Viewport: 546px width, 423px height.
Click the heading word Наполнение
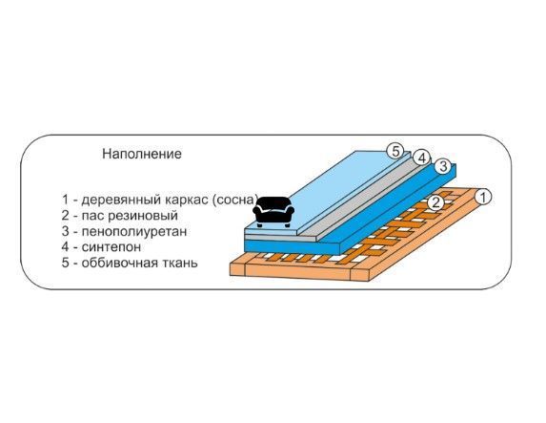142,154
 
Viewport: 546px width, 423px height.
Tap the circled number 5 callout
395,152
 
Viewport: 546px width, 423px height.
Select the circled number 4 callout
422,159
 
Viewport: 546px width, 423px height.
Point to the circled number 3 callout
443,166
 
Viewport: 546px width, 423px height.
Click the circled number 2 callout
435,202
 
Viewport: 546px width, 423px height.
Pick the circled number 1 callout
483,197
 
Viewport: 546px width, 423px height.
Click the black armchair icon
273,212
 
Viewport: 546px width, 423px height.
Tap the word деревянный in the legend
121,200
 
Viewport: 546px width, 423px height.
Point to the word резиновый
143,216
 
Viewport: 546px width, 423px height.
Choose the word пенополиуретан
134,231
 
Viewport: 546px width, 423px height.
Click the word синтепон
111,246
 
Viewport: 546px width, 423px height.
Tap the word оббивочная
119,263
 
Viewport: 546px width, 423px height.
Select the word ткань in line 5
179,263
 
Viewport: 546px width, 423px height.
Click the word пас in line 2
93,216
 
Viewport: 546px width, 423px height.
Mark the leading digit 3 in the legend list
66,231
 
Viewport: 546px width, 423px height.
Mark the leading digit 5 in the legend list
66,263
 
